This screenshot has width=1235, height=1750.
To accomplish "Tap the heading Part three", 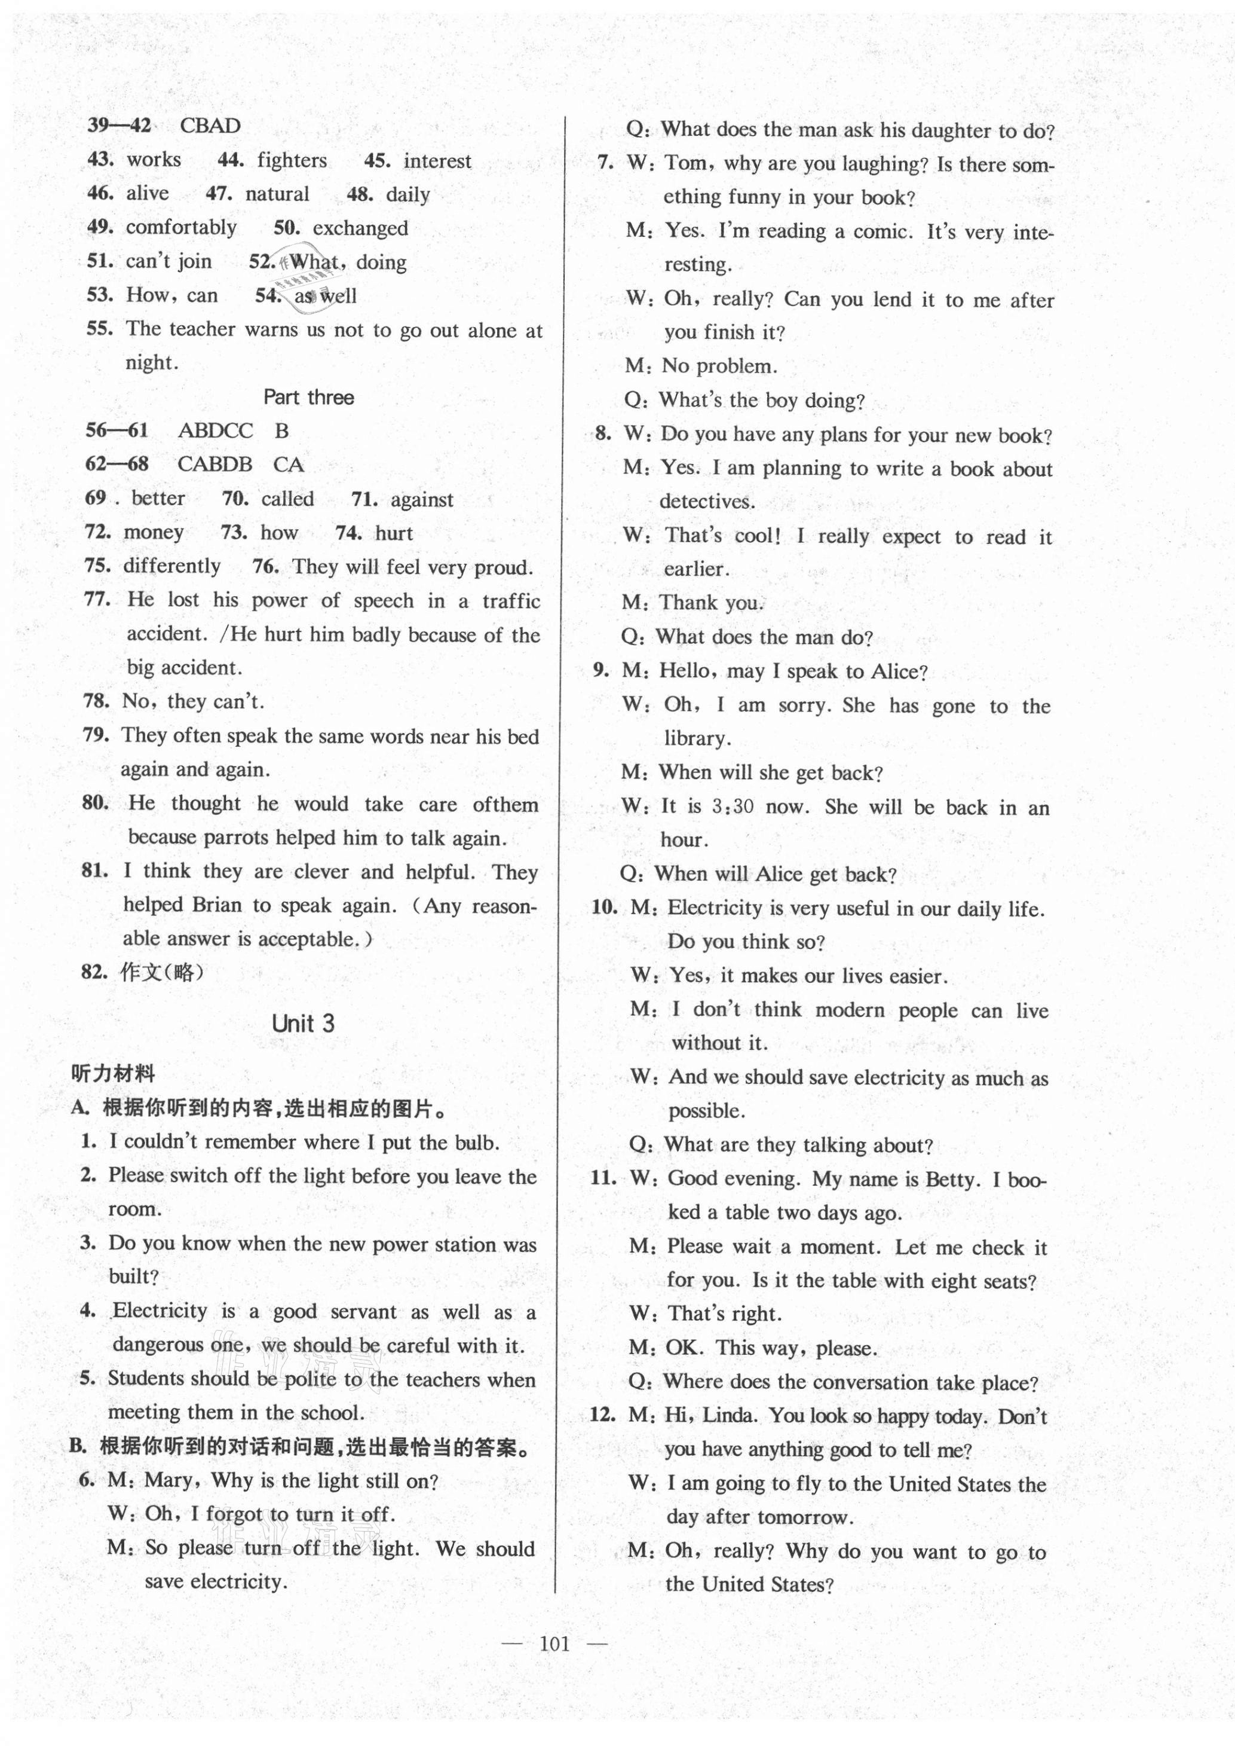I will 308,397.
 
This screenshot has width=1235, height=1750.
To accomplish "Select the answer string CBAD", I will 210,126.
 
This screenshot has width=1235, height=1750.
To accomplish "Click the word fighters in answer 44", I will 292,160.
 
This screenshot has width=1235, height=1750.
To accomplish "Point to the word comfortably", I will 180,227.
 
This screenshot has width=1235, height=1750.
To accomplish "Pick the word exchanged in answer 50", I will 360,228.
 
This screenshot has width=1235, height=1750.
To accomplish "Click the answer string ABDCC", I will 215,430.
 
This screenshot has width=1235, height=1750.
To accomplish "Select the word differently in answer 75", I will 171,566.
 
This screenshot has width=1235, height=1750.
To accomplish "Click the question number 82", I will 94,972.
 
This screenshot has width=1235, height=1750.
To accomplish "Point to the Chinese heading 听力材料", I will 113,1074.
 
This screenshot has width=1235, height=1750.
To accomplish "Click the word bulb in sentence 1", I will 476,1143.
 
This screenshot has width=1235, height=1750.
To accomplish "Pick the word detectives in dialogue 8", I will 707,502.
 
